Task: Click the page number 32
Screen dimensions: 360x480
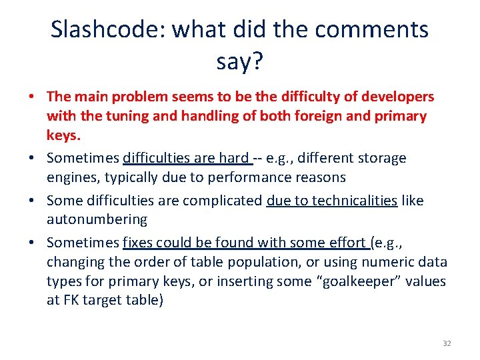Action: (x=447, y=343)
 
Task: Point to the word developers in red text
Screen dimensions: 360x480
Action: (x=396, y=97)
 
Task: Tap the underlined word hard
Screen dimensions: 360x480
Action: (x=233, y=158)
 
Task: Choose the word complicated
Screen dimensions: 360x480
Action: (x=222, y=201)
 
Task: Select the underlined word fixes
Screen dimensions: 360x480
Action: (x=139, y=243)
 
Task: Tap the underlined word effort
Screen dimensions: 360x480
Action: (x=346, y=243)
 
